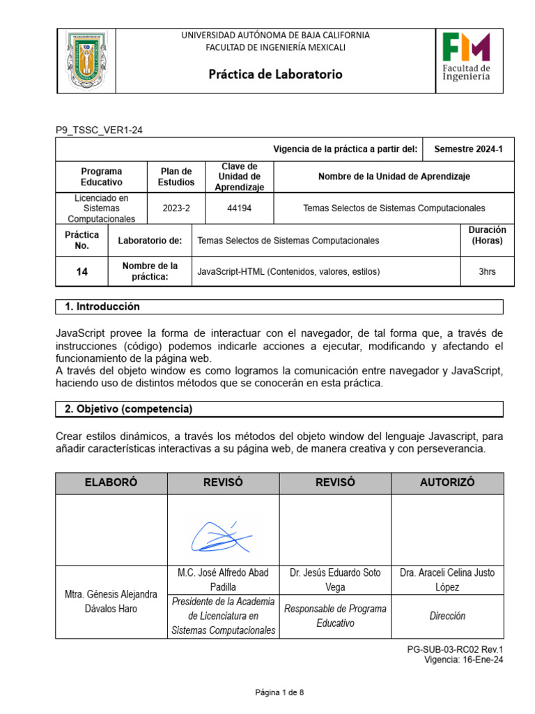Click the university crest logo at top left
click(x=86, y=61)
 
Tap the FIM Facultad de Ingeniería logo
click(x=466, y=57)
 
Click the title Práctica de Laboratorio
click(x=276, y=74)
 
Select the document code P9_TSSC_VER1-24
click(x=100, y=130)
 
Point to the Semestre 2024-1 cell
click(x=468, y=149)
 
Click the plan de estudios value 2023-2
click(x=176, y=208)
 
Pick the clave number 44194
click(x=240, y=208)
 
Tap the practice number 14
click(x=82, y=272)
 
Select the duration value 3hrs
click(x=487, y=272)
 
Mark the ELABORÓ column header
click(x=111, y=483)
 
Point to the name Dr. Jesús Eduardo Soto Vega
click(x=335, y=579)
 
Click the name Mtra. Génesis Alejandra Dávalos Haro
click(x=111, y=601)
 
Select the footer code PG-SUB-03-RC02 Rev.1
click(x=455, y=649)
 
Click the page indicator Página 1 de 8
click(x=279, y=692)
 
